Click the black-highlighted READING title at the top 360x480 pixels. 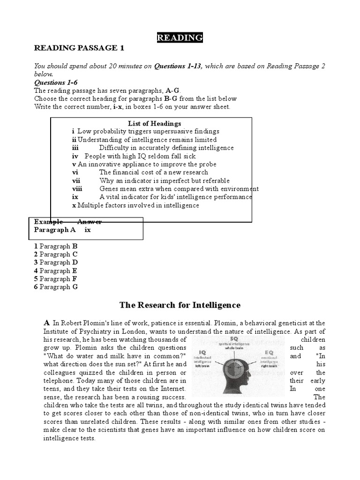point(180,38)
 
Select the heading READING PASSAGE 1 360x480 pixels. point(79,48)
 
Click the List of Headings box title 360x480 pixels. point(154,123)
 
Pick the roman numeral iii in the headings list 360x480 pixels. point(75,148)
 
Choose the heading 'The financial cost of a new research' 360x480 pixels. point(153,172)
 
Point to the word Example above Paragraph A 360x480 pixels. point(48,222)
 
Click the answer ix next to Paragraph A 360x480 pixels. point(88,230)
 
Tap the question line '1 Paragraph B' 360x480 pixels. point(55,246)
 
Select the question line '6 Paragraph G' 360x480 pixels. point(55,287)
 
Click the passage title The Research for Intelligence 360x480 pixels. point(180,305)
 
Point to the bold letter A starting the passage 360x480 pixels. point(46,323)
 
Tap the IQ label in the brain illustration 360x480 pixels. point(202,352)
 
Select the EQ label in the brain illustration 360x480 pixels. point(269,352)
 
